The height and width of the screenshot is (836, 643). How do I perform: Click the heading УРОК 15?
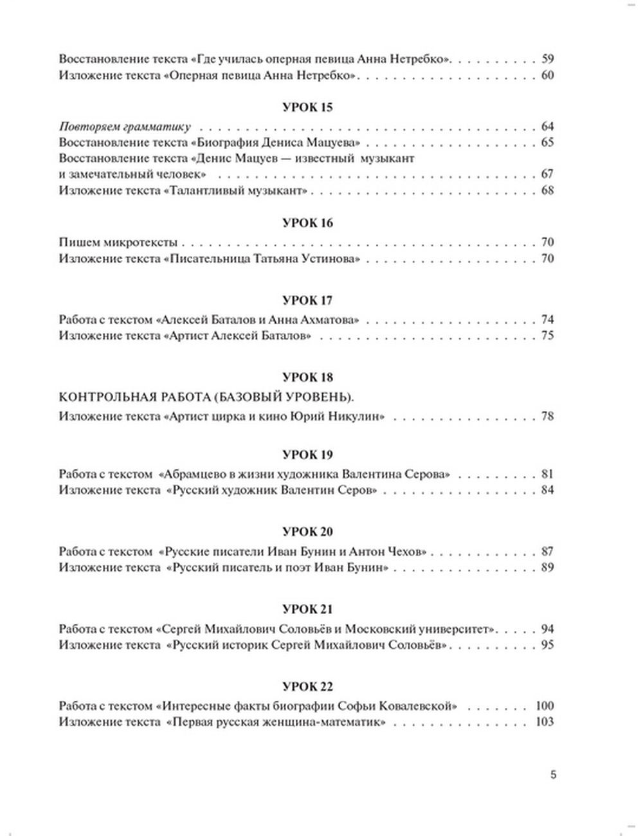(307, 107)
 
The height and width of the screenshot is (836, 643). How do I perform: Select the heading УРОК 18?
(307, 377)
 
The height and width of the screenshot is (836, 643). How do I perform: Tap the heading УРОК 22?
(307, 686)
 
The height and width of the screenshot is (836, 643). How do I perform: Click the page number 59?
(547, 59)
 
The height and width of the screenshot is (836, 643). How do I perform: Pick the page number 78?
(547, 416)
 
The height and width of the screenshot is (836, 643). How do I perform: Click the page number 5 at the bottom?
(553, 774)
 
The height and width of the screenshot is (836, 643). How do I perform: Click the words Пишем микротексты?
(118, 242)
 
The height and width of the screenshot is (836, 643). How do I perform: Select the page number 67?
(547, 174)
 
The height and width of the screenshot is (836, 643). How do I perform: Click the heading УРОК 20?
(307, 532)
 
